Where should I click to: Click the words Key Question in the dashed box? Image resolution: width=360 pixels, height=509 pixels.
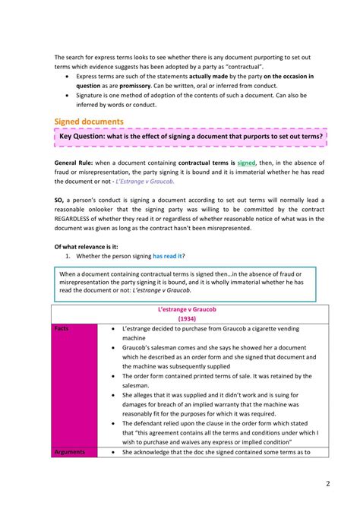(x=85, y=137)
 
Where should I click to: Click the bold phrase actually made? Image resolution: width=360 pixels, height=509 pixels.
(x=210, y=77)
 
